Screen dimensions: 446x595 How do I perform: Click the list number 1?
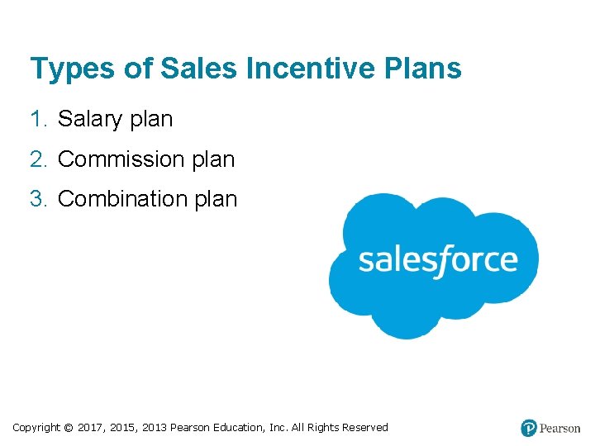[37, 119]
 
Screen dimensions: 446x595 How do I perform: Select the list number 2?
[37, 159]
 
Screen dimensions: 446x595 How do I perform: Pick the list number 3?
[37, 199]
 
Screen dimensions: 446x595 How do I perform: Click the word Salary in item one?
[90, 120]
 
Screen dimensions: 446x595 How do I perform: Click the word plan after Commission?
[213, 159]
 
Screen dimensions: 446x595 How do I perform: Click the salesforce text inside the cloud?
[437, 260]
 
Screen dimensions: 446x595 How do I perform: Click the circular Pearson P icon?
[529, 428]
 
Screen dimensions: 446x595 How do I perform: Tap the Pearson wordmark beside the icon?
[560, 429]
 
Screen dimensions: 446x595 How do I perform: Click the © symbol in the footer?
[68, 428]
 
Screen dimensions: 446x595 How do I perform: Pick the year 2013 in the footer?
[155, 428]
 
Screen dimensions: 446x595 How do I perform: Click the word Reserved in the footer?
[364, 428]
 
